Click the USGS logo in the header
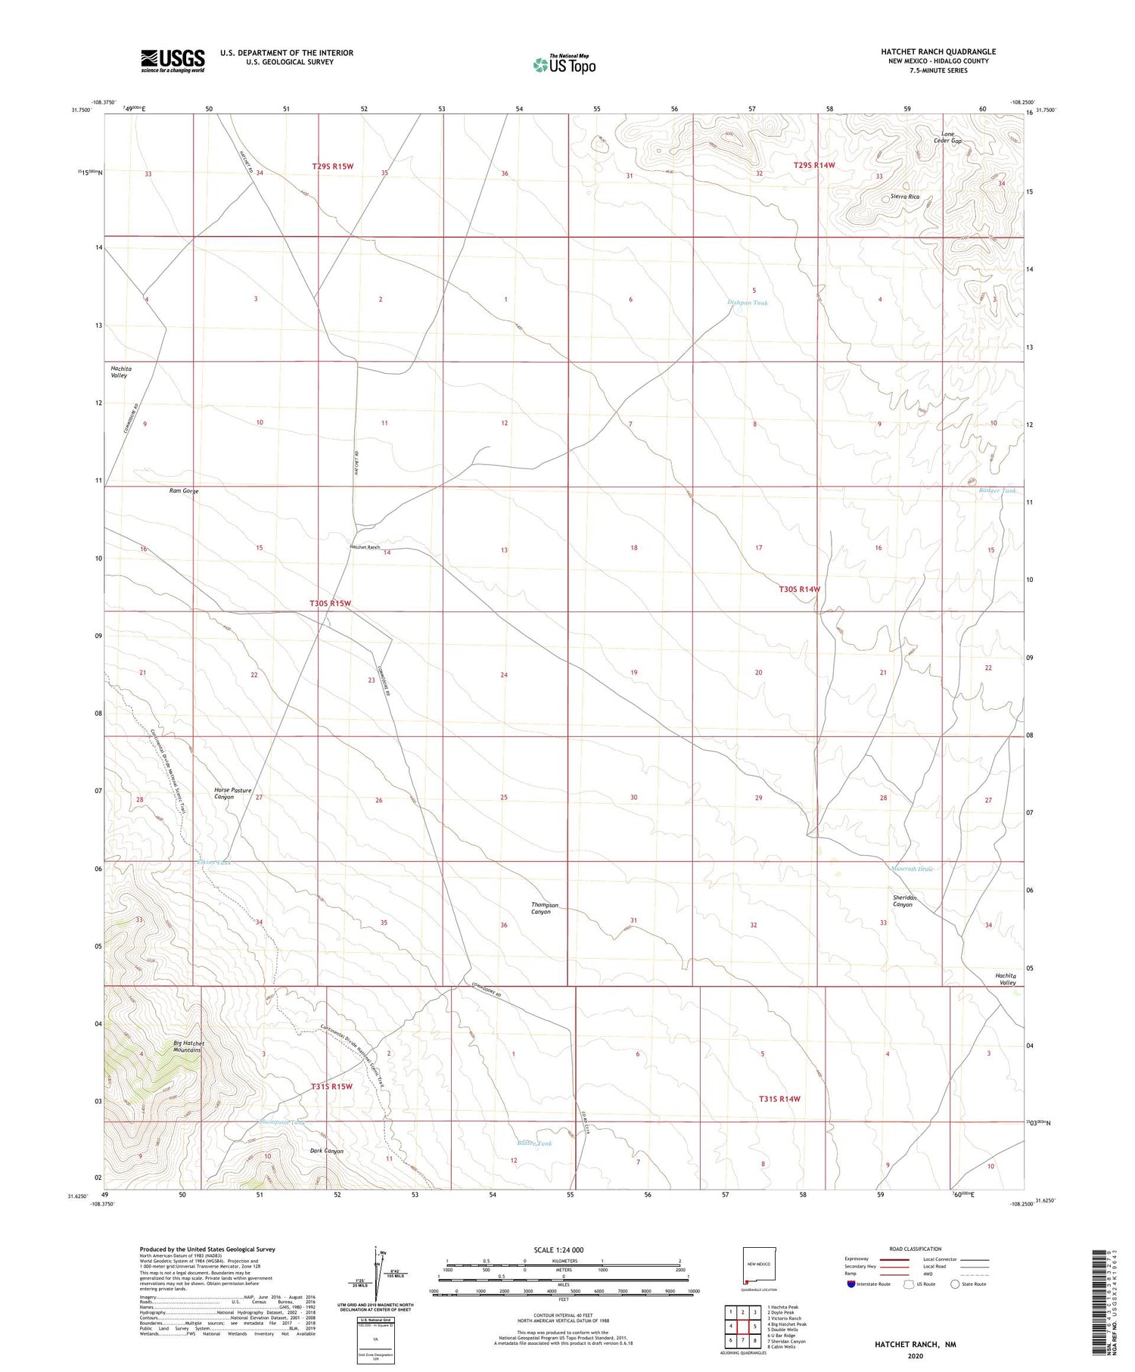point(173,61)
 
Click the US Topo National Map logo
point(564,64)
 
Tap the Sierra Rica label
point(904,197)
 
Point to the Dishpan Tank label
point(747,303)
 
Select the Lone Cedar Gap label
point(947,138)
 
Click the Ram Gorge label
point(183,491)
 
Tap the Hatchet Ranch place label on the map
point(364,547)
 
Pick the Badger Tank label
point(997,491)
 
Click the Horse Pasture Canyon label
point(233,793)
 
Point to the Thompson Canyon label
point(545,908)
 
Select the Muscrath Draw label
point(912,869)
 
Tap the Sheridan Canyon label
point(904,901)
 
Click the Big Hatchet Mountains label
point(188,1047)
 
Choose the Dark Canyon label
point(327,1151)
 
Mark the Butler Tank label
point(533,1143)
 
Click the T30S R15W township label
point(331,603)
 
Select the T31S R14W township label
point(779,1099)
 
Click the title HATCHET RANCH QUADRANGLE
point(938,51)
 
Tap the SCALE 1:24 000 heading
point(558,1249)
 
